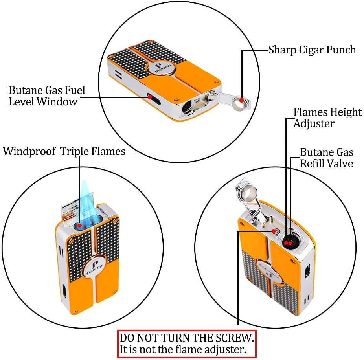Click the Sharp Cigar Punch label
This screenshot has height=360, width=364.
pyautogui.click(x=312, y=50)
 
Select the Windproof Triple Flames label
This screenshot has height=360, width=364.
pyautogui.click(x=64, y=151)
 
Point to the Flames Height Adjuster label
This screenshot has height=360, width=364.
pyautogui.click(x=327, y=118)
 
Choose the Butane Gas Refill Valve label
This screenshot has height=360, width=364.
pyautogui.click(x=327, y=158)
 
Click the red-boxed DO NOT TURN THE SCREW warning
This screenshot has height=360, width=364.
pyautogui.click(x=187, y=343)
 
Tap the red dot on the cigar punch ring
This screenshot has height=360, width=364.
pyautogui.click(x=241, y=101)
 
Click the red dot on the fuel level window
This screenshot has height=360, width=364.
pyautogui.click(x=150, y=96)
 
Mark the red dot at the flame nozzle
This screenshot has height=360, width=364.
pyautogui.click(x=80, y=226)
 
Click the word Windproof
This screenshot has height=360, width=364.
pyautogui.click(x=30, y=151)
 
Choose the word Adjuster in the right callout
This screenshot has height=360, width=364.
pyautogui.click(x=314, y=123)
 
